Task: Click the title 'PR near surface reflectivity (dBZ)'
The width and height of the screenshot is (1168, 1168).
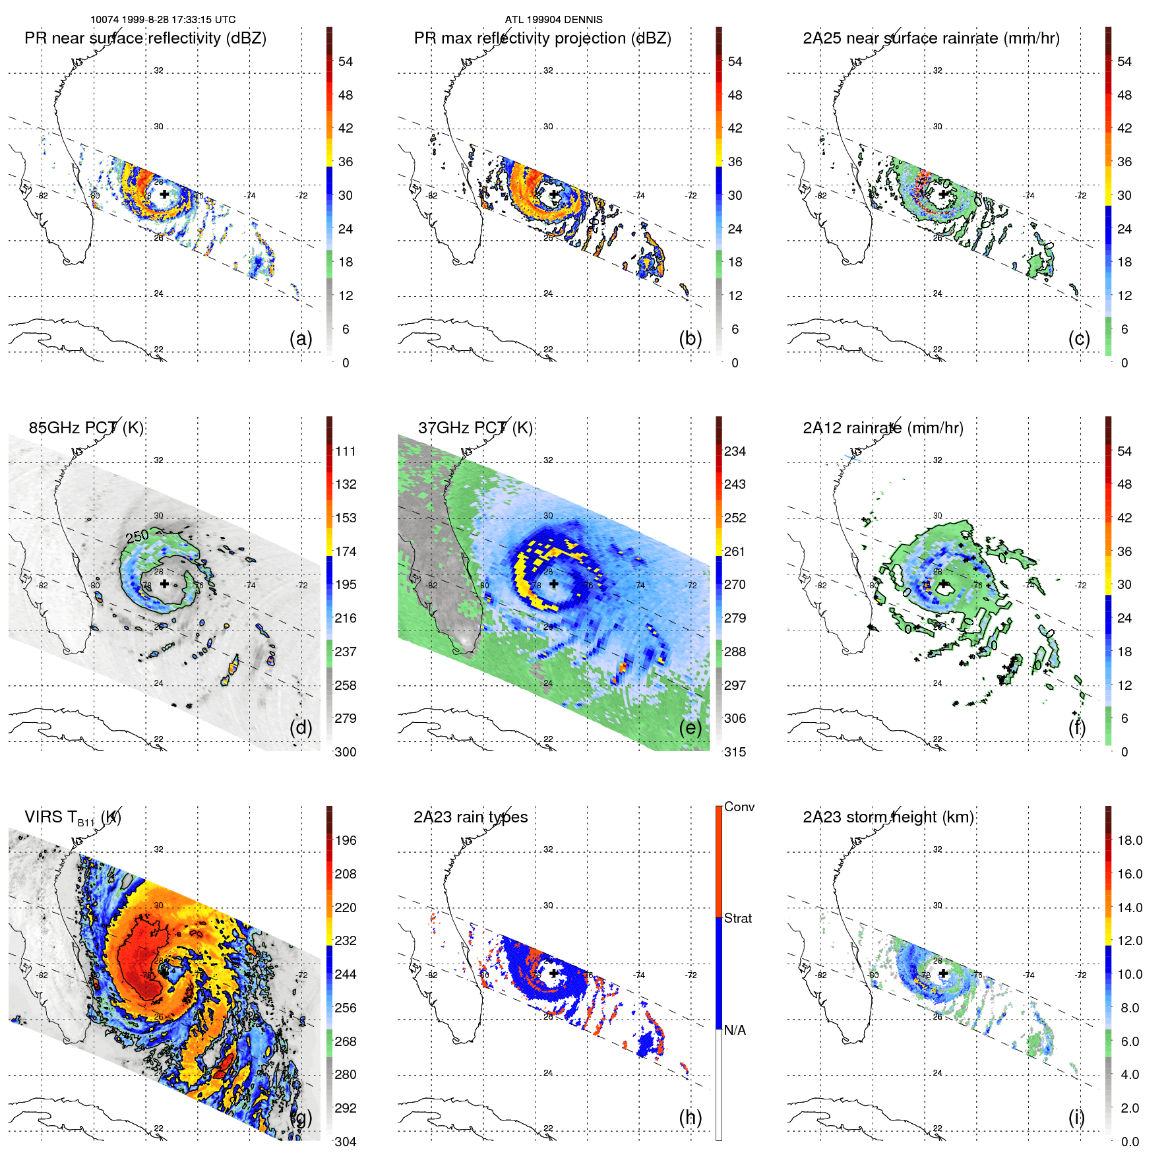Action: click(145, 38)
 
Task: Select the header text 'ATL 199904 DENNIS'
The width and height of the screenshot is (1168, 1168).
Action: click(553, 20)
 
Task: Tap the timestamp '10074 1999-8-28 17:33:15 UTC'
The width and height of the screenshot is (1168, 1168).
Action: click(163, 20)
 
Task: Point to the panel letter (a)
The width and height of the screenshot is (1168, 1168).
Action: click(301, 338)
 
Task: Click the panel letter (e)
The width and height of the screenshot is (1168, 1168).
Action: click(690, 727)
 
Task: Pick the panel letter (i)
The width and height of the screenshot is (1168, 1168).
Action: click(1076, 1117)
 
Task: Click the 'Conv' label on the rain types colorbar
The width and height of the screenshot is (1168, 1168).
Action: click(739, 807)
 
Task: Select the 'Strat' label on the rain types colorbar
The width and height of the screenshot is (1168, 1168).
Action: click(738, 918)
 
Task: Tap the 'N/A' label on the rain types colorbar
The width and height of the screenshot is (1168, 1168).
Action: click(735, 1030)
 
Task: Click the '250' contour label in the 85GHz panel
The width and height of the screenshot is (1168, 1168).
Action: click(137, 536)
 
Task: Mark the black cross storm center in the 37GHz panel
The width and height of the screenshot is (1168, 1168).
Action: click(553, 584)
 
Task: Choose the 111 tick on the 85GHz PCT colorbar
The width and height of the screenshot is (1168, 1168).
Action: click(346, 451)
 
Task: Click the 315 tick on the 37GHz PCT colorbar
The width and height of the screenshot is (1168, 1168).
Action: click(735, 752)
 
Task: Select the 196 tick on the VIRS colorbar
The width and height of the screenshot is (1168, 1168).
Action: click(346, 840)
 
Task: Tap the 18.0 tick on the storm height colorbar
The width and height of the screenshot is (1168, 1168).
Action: click(1130, 840)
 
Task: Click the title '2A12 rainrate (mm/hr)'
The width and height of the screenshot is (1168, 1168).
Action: click(882, 428)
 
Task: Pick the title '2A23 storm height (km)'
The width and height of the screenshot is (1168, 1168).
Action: click(888, 817)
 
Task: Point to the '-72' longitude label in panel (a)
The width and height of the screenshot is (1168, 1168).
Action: click(302, 196)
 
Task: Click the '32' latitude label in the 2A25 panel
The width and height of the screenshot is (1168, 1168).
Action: click(937, 71)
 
